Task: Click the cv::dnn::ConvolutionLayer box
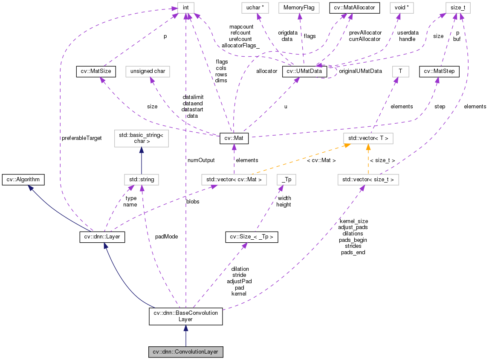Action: pyautogui.click(x=185, y=352)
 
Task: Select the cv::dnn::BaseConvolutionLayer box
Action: pyautogui.click(x=185, y=316)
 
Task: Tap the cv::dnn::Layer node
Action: pyautogui.click(x=102, y=237)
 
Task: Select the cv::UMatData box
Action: pyautogui.click(x=304, y=72)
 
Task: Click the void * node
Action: pyautogui.click(x=402, y=7)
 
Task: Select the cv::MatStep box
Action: pyautogui.click(x=439, y=72)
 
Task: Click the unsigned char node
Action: pyautogui.click(x=148, y=72)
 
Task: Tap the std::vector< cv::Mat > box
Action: pyautogui.click(x=234, y=180)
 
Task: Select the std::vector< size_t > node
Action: pyautogui.click(x=368, y=180)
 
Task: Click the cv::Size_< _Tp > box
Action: pyautogui.click(x=252, y=237)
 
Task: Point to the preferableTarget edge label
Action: pyautogui.click(x=81, y=139)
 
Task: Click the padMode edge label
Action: pyautogui.click(x=166, y=236)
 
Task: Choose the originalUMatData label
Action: pyautogui.click(x=360, y=71)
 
